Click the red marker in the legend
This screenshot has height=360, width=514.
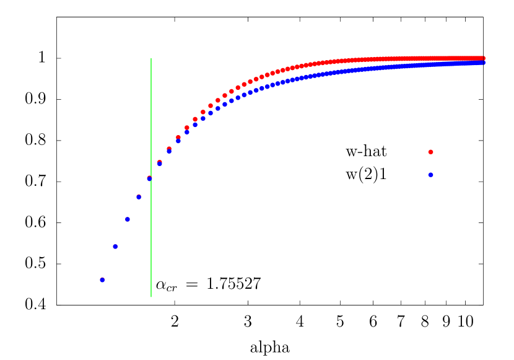[430, 152]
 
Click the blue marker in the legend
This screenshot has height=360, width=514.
[430, 175]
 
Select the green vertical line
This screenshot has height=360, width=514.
[151, 235]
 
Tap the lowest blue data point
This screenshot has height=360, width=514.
[102, 280]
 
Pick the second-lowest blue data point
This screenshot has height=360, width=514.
[115, 247]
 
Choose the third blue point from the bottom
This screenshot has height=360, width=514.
[128, 219]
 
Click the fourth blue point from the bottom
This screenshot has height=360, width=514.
[139, 197]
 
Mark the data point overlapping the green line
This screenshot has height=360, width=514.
[149, 178]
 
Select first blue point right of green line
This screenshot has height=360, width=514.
[160, 164]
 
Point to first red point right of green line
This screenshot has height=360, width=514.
[160, 162]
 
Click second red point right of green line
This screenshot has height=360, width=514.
[169, 149]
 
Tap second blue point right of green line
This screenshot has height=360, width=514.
[169, 151]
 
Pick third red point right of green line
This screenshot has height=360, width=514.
[178, 137]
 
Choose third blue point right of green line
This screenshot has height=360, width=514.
[178, 141]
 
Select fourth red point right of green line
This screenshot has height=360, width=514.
[187, 128]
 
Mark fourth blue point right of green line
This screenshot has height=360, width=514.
[187, 131]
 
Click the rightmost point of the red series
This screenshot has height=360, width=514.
[482, 58]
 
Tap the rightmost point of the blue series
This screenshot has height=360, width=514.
[482, 63]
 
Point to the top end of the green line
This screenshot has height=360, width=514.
[151, 59]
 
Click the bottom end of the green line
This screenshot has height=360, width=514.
[151, 297]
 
